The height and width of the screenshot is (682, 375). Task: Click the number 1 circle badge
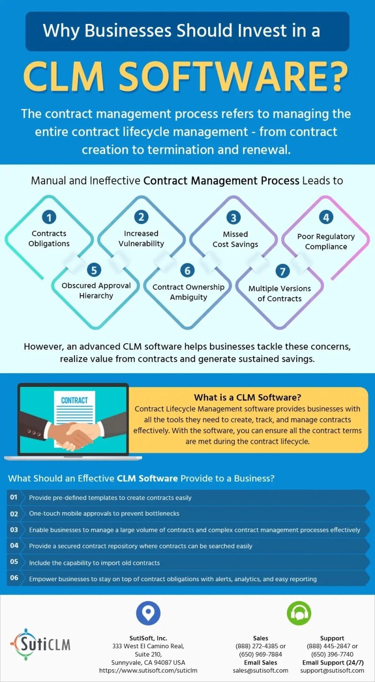[49, 217]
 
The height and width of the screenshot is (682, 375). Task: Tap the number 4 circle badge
[326, 217]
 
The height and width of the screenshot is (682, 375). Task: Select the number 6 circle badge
[187, 270]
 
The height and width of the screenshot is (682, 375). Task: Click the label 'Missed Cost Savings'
[235, 239]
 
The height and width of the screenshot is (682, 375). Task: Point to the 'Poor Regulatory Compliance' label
[326, 241]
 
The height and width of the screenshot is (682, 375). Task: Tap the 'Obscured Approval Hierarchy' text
[96, 291]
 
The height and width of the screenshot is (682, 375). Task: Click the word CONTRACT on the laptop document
[74, 400]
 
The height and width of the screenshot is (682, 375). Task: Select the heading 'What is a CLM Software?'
[247, 397]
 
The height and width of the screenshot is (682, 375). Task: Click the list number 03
[14, 530]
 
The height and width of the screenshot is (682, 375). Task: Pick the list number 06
[14, 577]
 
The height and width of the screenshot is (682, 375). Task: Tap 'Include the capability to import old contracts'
[94, 562]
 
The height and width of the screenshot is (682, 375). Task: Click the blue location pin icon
[148, 613]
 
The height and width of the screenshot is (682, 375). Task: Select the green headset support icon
[299, 613]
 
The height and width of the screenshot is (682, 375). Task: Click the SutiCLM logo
[40, 644]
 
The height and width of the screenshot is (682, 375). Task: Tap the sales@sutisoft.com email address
[261, 670]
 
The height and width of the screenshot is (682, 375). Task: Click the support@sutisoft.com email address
[332, 670]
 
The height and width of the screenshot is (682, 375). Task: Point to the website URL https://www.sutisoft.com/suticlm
[148, 670]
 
